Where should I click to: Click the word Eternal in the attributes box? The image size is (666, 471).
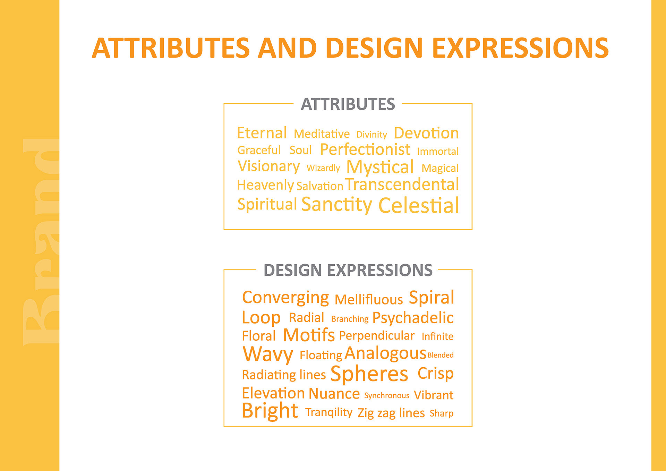click(262, 133)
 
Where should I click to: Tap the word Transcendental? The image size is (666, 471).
click(402, 184)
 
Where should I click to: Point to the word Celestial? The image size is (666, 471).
click(419, 205)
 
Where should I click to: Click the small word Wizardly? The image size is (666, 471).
click(323, 168)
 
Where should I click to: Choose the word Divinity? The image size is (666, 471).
click(372, 135)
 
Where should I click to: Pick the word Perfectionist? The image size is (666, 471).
click(365, 149)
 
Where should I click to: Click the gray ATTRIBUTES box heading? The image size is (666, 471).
click(348, 104)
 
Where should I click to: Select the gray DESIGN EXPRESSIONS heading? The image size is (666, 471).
click(348, 270)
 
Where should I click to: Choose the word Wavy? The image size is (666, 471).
click(268, 354)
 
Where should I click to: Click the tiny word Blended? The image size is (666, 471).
click(441, 355)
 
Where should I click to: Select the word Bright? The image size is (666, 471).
click(270, 411)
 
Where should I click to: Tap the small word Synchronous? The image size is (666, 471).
click(387, 396)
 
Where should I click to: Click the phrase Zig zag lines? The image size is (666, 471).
click(391, 413)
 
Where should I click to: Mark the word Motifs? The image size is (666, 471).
click(309, 335)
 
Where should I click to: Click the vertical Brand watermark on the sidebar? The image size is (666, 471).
click(41, 242)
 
